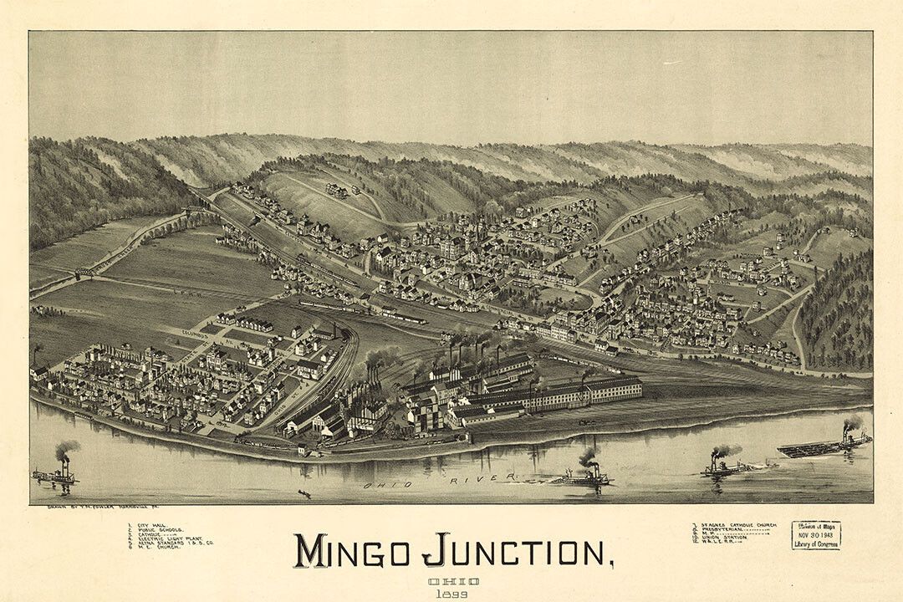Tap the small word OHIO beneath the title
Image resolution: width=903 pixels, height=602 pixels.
(453, 580)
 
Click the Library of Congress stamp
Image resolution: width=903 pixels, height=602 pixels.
(815, 535)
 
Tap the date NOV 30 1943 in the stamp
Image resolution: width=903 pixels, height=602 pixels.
(815, 535)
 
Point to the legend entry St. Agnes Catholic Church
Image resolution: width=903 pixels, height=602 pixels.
(736, 525)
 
